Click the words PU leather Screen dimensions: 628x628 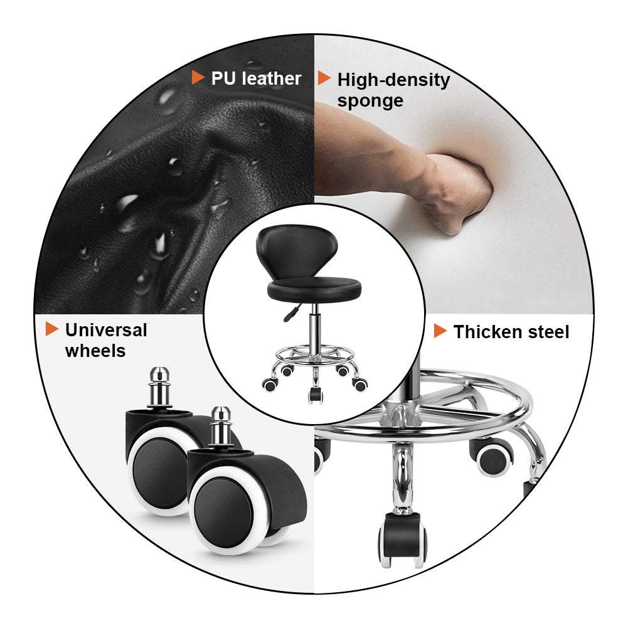[x=256, y=78]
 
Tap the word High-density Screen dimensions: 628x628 [x=393, y=80]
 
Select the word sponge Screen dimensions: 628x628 [x=370, y=101]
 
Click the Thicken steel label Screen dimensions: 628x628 [x=511, y=332]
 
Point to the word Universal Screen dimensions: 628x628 [x=106, y=330]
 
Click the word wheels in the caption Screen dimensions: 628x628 [x=95, y=351]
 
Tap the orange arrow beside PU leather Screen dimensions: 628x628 [x=198, y=77]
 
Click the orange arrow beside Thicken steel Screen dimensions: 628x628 [x=440, y=331]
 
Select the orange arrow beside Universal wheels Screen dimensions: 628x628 [x=52, y=328]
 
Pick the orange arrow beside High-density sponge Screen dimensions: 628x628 [x=324, y=78]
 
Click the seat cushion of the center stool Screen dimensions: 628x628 [x=314, y=290]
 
